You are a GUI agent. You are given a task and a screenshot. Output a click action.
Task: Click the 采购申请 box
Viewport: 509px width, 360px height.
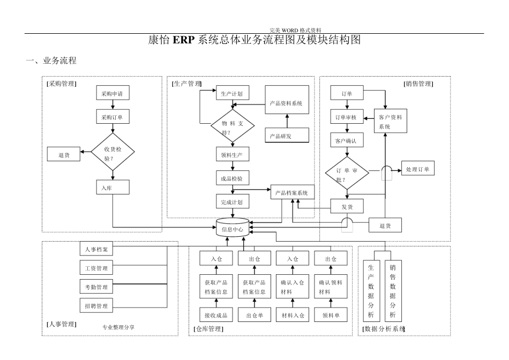(113, 93)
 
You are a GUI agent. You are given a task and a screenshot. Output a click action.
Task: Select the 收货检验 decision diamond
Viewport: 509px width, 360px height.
(113, 153)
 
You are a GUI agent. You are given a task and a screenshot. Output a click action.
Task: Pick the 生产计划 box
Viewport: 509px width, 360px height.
(232, 93)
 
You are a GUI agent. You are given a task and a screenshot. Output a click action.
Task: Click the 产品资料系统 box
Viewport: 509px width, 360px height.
(287, 103)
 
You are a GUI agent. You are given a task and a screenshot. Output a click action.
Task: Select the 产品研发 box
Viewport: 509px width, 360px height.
(287, 136)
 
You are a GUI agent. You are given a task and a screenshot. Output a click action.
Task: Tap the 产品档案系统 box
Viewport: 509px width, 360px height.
(292, 192)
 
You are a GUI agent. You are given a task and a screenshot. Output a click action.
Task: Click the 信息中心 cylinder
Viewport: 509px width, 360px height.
(232, 229)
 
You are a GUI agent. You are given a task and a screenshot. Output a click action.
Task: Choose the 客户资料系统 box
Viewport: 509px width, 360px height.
(390, 122)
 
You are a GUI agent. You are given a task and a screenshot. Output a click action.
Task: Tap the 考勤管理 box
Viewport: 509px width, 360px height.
(96, 287)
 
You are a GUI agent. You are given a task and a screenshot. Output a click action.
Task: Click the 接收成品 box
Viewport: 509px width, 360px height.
(216, 315)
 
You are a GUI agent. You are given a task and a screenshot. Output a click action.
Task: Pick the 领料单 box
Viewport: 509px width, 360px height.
(331, 315)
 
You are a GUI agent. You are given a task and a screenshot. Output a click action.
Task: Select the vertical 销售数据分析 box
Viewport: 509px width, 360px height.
(393, 291)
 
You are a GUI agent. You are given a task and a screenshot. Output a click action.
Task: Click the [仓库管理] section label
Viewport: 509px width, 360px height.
(208, 328)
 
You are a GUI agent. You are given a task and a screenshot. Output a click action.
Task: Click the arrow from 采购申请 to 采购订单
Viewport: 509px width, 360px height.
(113, 105)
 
